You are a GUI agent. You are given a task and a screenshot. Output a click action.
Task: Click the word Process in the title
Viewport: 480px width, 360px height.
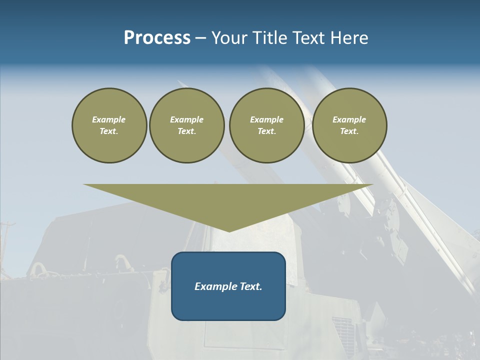(x=157, y=38)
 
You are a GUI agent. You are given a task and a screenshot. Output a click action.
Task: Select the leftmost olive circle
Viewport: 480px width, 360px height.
(x=109, y=125)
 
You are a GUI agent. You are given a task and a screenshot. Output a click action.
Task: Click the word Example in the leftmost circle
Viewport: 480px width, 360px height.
(x=109, y=119)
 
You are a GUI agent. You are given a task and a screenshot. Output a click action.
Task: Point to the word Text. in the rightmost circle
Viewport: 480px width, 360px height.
(x=349, y=131)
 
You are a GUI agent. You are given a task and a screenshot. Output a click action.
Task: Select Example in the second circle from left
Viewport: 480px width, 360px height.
(x=187, y=119)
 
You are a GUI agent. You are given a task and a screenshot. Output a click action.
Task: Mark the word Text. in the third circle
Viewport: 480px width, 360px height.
(x=267, y=131)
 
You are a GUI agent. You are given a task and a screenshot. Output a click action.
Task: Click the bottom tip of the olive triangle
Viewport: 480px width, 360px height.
(x=229, y=230)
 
